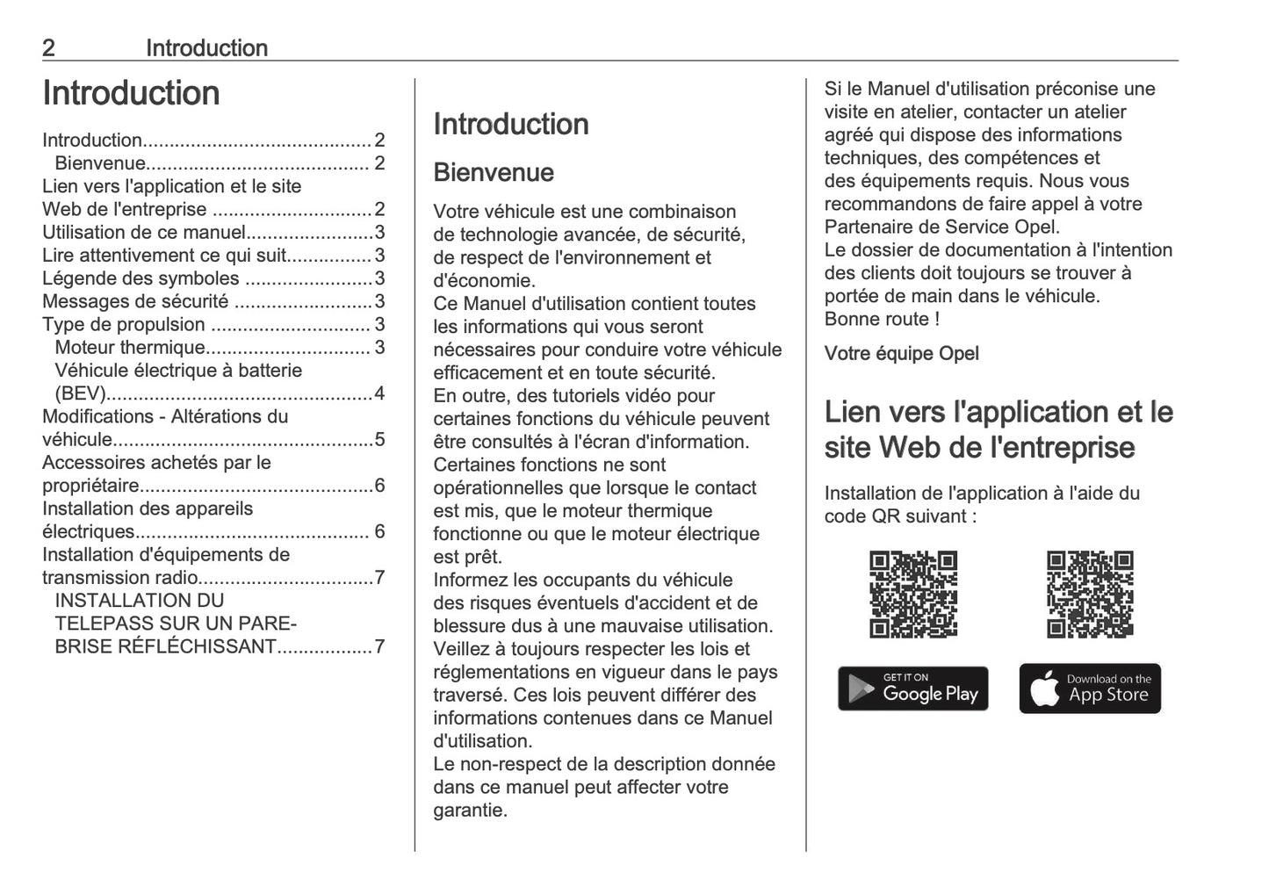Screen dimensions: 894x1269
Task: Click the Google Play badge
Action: point(912,688)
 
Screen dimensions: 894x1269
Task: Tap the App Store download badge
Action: point(1089,688)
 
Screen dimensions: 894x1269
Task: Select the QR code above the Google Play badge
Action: point(912,595)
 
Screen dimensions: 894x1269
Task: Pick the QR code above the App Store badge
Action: point(1089,595)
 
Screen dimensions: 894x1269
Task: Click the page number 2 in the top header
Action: point(48,48)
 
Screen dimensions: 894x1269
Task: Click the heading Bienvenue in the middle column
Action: point(494,172)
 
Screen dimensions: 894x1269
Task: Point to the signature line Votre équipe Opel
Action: point(901,354)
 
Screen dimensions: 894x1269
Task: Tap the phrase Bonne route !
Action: point(882,320)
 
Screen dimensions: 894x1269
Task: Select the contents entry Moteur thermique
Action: point(130,348)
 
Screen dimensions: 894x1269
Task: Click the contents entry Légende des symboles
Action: point(141,279)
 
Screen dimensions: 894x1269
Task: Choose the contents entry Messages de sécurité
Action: point(135,302)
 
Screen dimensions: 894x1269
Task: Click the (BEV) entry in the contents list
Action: point(80,393)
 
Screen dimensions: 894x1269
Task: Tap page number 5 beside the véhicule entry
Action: point(379,440)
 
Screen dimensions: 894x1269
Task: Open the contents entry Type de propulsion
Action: point(124,325)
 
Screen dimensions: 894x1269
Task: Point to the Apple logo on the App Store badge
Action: point(1045,689)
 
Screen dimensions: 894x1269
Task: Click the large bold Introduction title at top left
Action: point(131,93)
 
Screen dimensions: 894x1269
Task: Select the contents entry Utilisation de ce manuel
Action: point(144,233)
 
